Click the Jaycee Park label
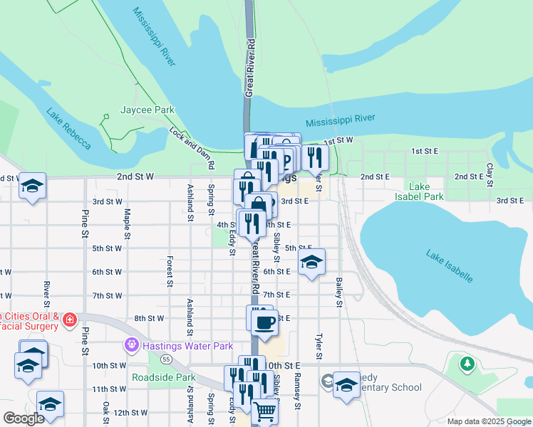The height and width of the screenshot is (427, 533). click(x=148, y=110)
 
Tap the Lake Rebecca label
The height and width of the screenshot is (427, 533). click(x=68, y=128)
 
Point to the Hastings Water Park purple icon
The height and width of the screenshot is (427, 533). click(x=130, y=346)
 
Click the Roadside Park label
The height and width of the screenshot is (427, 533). click(x=163, y=378)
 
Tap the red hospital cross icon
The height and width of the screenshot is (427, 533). click(x=69, y=320)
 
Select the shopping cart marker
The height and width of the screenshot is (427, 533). click(x=264, y=411)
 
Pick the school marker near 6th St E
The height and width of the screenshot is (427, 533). click(x=311, y=263)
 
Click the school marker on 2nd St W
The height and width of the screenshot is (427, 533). click(x=32, y=186)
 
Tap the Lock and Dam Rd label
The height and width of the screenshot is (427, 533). click(x=192, y=148)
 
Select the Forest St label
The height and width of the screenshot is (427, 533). click(x=170, y=273)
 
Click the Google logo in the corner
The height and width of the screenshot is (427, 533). click(x=24, y=418)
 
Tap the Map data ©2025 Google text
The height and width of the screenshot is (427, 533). click(x=488, y=421)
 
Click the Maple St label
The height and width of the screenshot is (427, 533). click(x=127, y=222)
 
